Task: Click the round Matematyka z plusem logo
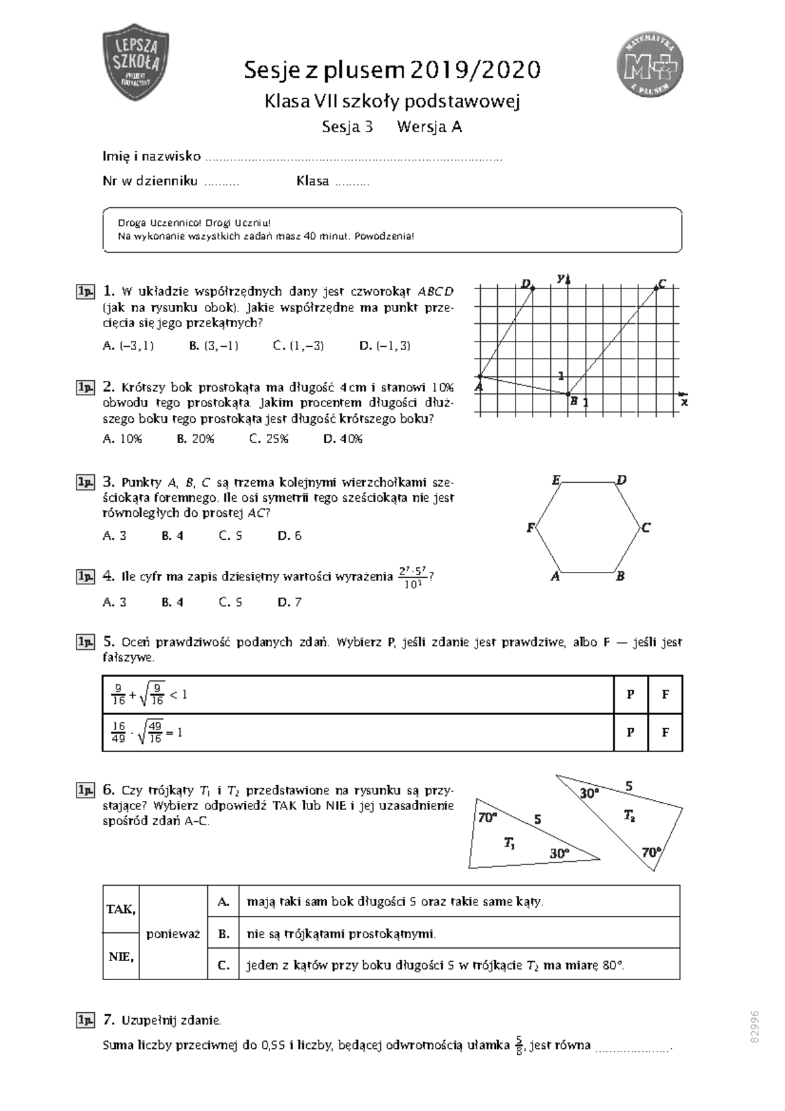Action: pyautogui.click(x=650, y=65)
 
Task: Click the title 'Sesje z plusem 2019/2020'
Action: pyautogui.click(x=392, y=69)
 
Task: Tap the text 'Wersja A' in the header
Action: pyautogui.click(x=429, y=127)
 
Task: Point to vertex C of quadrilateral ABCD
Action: pyautogui.click(x=656, y=287)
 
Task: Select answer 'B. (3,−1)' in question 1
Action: pyautogui.click(x=214, y=345)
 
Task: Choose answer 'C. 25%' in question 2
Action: pyautogui.click(x=269, y=438)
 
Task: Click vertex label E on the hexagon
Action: pyautogui.click(x=556, y=480)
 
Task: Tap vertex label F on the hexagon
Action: pyautogui.click(x=531, y=527)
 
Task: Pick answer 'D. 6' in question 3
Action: pyautogui.click(x=290, y=535)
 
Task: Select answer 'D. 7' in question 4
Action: pyautogui.click(x=290, y=602)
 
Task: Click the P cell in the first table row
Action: pyautogui.click(x=631, y=694)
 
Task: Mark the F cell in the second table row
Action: pyautogui.click(x=665, y=732)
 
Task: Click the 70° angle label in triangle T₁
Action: pyautogui.click(x=488, y=817)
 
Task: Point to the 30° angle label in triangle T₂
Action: pyautogui.click(x=589, y=793)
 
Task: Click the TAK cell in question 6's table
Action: pyautogui.click(x=121, y=909)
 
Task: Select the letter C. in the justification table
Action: pyautogui.click(x=224, y=964)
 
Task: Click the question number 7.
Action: pyautogui.click(x=109, y=1019)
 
